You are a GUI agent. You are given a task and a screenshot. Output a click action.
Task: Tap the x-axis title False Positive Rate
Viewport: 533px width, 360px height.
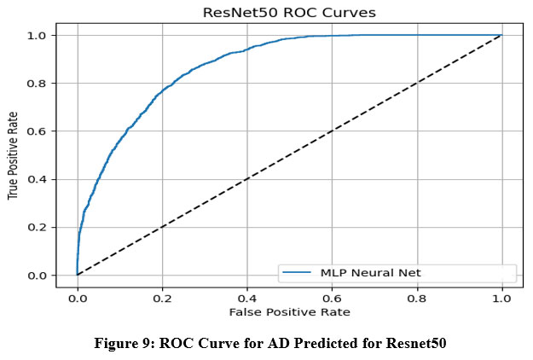point(289,313)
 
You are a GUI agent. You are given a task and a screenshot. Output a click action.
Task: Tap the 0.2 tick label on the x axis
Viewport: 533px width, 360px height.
point(162,299)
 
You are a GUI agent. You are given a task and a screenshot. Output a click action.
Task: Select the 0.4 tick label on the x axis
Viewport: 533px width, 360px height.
point(247,299)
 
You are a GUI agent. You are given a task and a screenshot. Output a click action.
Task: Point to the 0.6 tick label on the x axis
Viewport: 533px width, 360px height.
point(332,299)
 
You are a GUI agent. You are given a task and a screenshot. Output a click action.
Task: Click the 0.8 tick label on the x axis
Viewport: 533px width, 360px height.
point(417,299)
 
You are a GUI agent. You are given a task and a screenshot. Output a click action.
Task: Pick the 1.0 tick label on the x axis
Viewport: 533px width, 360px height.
point(501,299)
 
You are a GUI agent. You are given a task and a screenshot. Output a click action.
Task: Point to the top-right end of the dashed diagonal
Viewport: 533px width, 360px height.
point(501,35)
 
